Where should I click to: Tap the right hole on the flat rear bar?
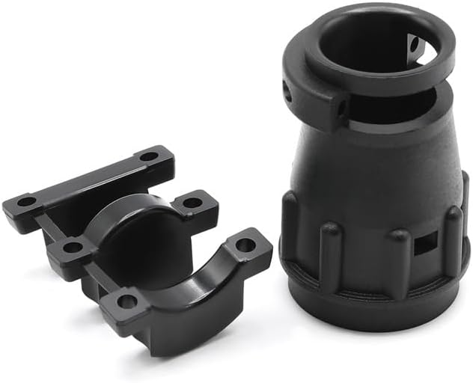(x=149, y=157)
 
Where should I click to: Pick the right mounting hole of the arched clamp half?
(x=192, y=201)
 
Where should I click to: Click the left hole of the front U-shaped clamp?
(x=126, y=301)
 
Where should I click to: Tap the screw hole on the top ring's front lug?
(x=341, y=108)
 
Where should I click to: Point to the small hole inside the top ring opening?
(x=414, y=46)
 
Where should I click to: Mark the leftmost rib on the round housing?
(x=289, y=217)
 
